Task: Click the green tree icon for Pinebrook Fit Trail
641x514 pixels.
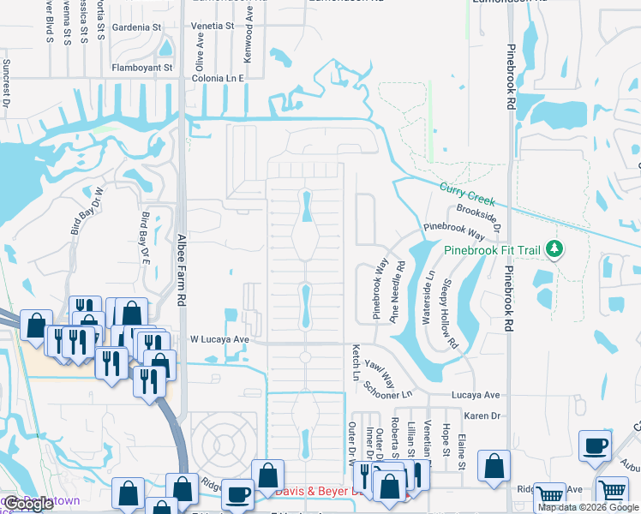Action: click(555, 249)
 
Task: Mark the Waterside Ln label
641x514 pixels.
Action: click(428, 298)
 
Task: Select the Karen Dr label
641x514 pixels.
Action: click(482, 415)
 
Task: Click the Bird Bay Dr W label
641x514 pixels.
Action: click(99, 210)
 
